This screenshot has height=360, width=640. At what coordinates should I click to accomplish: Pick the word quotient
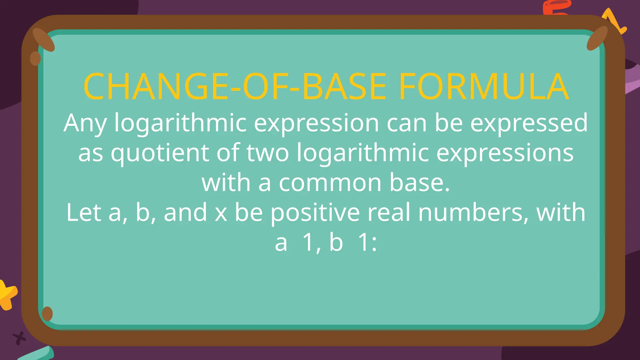click(160, 153)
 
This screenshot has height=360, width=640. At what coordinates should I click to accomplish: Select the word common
click(330, 183)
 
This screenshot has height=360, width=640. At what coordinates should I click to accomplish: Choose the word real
click(389, 212)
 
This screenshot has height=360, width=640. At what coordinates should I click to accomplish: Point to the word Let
click(84, 212)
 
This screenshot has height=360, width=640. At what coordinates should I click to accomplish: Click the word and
click(185, 212)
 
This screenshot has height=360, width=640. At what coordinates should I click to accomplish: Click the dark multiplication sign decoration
click(19, 338)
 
